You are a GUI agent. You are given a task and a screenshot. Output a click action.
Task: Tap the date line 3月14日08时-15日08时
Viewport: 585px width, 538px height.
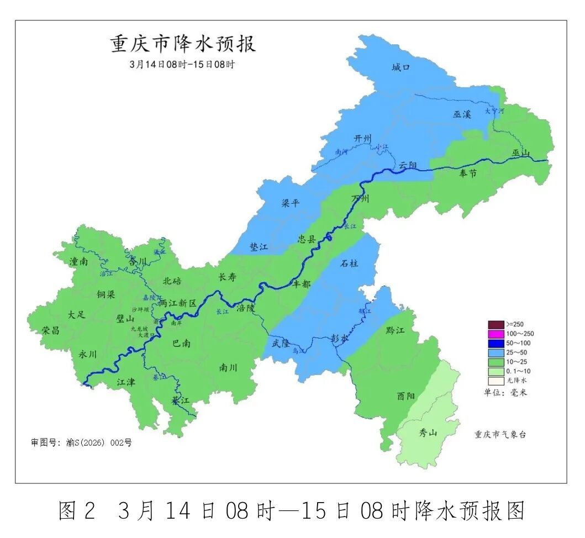pyautogui.click(x=182, y=64)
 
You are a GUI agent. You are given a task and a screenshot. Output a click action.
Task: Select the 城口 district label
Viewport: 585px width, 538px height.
pyautogui.click(x=401, y=68)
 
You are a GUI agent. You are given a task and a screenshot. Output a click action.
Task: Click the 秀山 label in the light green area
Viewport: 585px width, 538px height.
pyautogui.click(x=428, y=432)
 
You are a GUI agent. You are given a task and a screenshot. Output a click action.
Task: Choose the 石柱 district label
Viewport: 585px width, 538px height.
pyautogui.click(x=349, y=263)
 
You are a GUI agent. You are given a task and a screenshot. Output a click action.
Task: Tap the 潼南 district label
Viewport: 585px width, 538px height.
pyautogui.click(x=78, y=262)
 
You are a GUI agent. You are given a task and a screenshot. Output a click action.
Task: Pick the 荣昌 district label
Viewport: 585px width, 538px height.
pyautogui.click(x=50, y=330)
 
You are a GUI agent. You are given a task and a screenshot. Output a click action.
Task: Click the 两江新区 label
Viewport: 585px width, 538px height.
pyautogui.click(x=178, y=303)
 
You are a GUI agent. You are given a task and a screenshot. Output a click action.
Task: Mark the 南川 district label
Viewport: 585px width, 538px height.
pyautogui.click(x=228, y=368)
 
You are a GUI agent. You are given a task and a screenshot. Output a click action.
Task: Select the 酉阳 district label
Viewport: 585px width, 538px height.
pyautogui.click(x=405, y=396)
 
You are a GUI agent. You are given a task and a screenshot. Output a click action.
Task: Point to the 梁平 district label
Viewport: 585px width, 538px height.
pyautogui.click(x=291, y=203)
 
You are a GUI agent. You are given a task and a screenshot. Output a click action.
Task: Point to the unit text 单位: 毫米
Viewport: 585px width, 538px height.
pyautogui.click(x=505, y=392)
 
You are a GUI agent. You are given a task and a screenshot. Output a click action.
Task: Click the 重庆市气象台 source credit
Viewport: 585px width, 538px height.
pyautogui.click(x=500, y=435)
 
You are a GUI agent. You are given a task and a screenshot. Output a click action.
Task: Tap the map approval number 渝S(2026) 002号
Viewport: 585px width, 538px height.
pyautogui.click(x=81, y=442)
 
